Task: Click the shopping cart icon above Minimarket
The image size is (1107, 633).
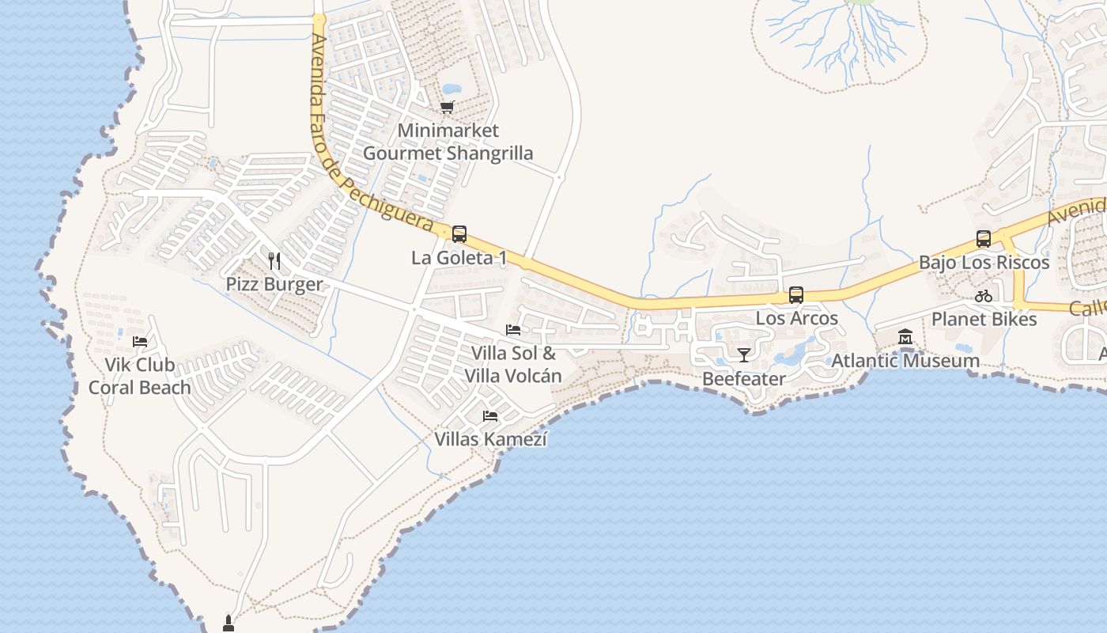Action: point(448,107)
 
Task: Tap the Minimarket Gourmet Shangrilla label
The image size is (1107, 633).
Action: point(448,142)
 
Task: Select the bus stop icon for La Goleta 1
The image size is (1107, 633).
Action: point(459,234)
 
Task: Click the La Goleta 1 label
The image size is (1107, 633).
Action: point(459,258)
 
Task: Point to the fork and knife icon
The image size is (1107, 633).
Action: point(274,260)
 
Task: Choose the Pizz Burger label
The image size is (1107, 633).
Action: point(274,284)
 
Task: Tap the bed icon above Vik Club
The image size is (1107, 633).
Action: point(140,342)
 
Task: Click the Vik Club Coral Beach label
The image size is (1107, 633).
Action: point(140,377)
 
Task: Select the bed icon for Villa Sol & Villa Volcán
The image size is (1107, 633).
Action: point(513,330)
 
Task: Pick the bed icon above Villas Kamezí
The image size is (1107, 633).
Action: point(490,415)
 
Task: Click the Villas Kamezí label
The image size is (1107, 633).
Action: point(490,438)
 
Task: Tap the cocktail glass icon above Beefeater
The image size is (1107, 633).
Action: point(743,354)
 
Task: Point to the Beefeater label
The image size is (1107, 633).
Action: point(743,379)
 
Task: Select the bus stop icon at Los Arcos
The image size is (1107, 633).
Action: point(796,295)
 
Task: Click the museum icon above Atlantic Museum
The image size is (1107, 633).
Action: point(905,337)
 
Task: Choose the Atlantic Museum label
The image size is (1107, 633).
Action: point(905,361)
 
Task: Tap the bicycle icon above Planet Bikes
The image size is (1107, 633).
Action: point(984,296)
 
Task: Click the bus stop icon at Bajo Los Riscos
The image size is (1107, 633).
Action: point(984,238)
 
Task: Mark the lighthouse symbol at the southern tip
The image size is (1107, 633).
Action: point(229,623)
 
